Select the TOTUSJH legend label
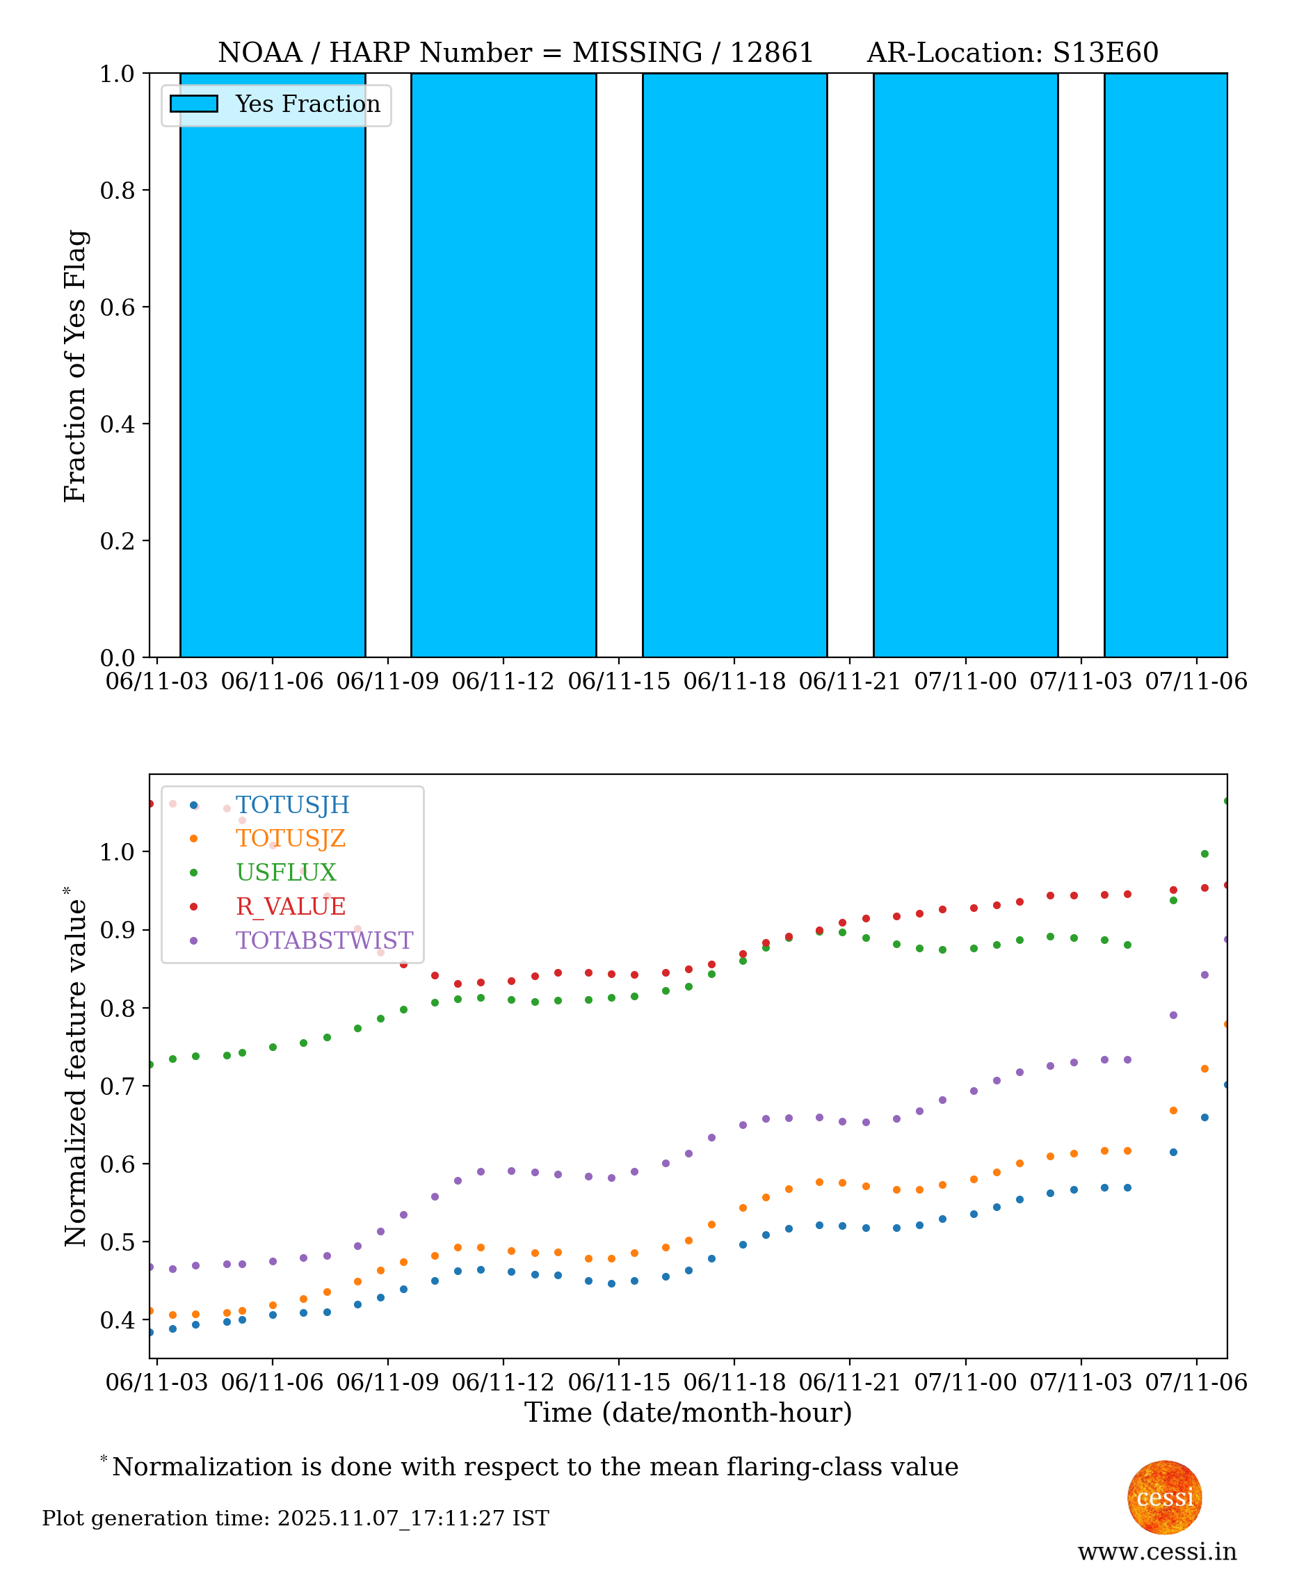click(292, 804)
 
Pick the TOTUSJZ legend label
click(291, 838)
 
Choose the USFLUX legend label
click(286, 872)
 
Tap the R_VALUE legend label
click(291, 906)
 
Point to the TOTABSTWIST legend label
click(324, 940)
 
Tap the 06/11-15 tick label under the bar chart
click(618, 682)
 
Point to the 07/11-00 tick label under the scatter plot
click(965, 1383)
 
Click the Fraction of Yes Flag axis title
click(75, 366)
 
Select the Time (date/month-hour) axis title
click(688, 1413)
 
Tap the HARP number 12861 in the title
click(771, 53)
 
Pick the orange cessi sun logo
click(1163, 1497)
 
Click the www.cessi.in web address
click(1157, 1552)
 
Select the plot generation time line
click(295, 1518)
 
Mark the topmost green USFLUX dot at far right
click(1226, 801)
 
